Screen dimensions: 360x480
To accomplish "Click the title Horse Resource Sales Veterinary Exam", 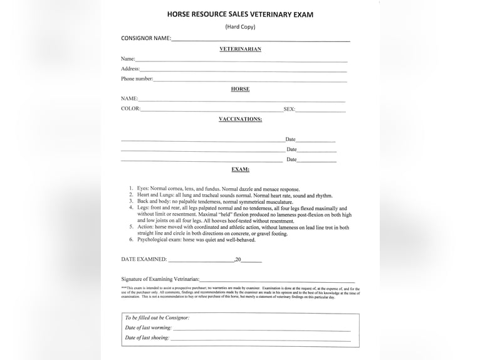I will point(240,14).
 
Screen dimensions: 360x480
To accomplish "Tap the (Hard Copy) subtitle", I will point(240,26).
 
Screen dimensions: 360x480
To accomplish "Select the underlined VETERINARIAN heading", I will point(240,49).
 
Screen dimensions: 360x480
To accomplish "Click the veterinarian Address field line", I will point(243,70).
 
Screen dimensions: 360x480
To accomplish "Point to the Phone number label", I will point(137,79).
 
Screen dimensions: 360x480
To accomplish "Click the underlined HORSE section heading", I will point(240,89).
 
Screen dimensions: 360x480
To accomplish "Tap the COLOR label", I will point(130,109).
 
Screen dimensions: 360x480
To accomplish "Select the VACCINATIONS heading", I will point(240,119).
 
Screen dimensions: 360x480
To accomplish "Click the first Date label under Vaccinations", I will point(290,139).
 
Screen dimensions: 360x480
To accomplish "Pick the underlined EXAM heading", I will point(240,169).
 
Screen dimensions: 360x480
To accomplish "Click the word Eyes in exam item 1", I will point(143,189).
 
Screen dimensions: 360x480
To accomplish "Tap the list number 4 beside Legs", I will point(131,208).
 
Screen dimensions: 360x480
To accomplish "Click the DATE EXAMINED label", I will point(143,259).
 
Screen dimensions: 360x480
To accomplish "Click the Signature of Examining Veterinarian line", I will point(277,280).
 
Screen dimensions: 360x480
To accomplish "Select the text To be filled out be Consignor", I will point(157,317).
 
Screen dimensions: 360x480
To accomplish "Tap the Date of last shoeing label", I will point(147,337).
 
